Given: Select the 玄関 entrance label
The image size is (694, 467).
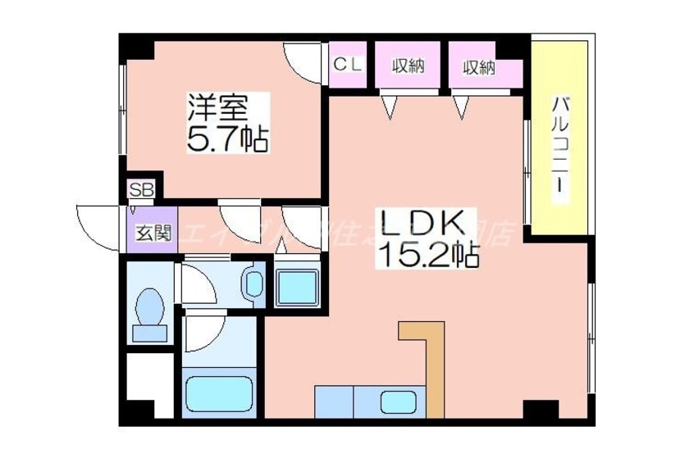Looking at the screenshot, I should pyautogui.click(x=153, y=233).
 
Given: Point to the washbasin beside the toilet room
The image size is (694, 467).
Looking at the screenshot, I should pyautogui.click(x=253, y=284).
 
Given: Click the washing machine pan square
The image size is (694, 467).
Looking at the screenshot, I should pyautogui.click(x=295, y=287).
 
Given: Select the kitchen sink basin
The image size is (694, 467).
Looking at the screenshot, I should pyautogui.click(x=399, y=401).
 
